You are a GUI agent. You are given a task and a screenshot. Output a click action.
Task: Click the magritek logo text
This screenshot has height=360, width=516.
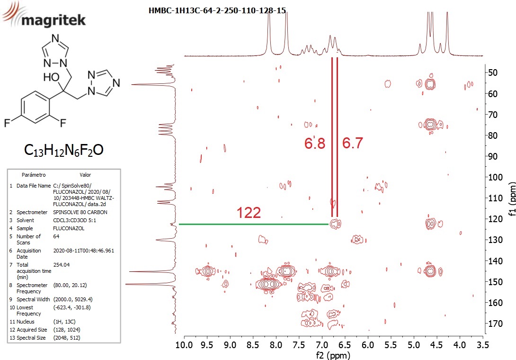[53, 20]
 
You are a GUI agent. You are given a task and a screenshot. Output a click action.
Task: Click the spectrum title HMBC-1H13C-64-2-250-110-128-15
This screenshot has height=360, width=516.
[217, 10]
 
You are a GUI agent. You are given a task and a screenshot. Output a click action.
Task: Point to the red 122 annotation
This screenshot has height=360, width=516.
[249, 213]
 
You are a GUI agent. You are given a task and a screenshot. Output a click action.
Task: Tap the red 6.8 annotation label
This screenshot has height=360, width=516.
[315, 144]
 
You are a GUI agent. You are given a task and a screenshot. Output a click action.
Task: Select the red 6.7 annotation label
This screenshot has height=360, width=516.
[353, 143]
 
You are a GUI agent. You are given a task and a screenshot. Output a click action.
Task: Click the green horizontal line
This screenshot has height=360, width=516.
[253, 225]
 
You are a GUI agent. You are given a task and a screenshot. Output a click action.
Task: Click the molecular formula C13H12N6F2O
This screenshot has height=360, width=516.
[64, 150]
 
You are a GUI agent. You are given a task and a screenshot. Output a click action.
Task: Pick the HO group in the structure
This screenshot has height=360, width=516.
[51, 77]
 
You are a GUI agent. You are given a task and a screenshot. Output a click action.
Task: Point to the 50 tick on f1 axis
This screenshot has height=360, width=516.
[492, 72]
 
